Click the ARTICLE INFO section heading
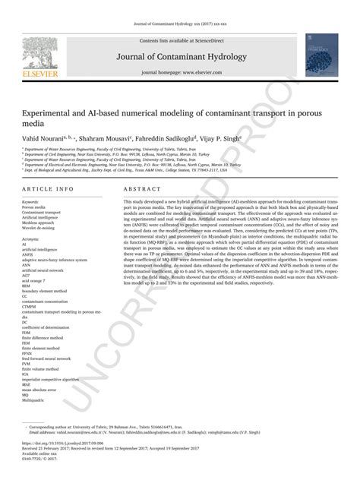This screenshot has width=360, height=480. tap(48, 188)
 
